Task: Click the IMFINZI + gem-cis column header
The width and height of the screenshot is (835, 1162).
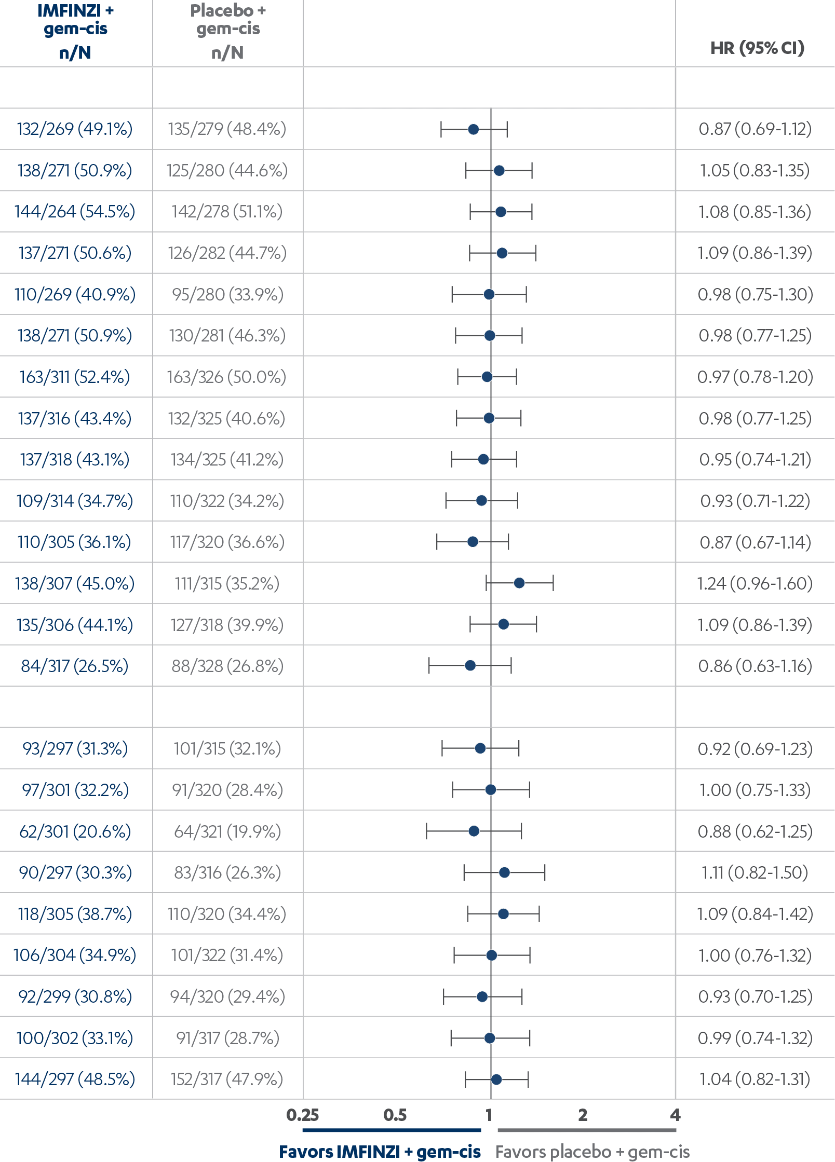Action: [75, 31]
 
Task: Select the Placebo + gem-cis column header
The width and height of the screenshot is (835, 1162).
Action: [227, 31]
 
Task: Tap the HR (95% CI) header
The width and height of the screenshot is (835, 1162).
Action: [757, 48]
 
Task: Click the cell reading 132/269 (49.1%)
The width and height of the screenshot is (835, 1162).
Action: [75, 129]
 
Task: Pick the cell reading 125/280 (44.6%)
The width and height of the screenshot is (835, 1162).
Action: [227, 170]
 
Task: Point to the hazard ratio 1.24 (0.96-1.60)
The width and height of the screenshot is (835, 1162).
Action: [755, 583]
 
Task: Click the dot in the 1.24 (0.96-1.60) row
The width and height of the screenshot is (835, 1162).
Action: [519, 583]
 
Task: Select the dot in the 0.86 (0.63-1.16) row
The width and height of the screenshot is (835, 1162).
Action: [470, 665]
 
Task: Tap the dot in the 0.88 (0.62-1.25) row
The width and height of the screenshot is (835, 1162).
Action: [474, 831]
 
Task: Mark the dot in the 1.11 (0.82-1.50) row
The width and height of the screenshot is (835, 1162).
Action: [504, 872]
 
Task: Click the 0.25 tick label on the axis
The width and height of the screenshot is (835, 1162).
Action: [303, 1115]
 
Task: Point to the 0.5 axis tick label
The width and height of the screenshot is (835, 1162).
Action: [395, 1115]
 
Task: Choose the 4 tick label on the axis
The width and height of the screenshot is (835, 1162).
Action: [675, 1115]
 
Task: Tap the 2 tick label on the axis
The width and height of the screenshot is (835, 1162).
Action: [583, 1115]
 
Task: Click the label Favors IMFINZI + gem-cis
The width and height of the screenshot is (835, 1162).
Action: [380, 1152]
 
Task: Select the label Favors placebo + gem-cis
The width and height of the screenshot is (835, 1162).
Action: [592, 1152]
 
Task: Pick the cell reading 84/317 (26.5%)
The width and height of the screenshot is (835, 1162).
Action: [75, 666]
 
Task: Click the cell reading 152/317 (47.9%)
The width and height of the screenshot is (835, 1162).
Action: [227, 1079]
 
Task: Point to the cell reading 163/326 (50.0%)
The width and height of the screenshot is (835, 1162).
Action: [227, 377]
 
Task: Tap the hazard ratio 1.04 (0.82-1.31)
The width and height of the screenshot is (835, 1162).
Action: [755, 1079]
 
